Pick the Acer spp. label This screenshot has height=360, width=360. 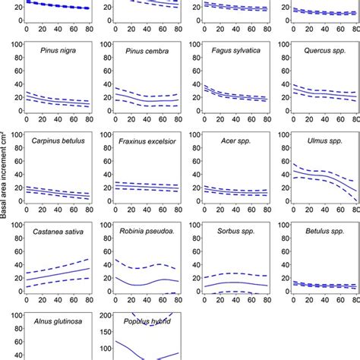223,141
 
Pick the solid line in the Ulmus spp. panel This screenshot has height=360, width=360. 311,175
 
